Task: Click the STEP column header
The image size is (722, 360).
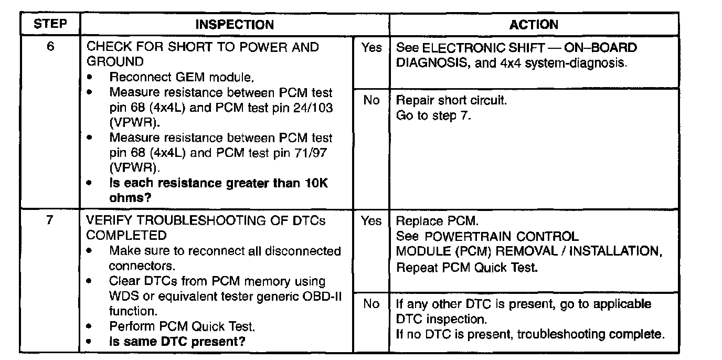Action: click(x=50, y=25)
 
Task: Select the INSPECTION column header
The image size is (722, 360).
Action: click(x=235, y=25)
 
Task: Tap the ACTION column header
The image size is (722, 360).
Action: click(x=534, y=25)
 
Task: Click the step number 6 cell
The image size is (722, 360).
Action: click(x=50, y=47)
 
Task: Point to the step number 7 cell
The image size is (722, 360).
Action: click(x=50, y=220)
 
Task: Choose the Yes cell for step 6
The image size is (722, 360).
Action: click(x=371, y=48)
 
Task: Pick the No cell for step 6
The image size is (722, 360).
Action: click(x=371, y=100)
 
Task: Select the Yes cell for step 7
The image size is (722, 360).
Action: click(x=371, y=221)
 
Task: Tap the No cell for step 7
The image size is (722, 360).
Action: click(x=371, y=304)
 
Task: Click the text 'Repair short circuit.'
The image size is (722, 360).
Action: click(x=451, y=100)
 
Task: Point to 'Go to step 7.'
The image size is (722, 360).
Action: click(x=433, y=115)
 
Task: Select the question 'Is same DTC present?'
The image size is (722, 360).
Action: click(x=178, y=342)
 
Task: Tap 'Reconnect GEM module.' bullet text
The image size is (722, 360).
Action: click(x=182, y=77)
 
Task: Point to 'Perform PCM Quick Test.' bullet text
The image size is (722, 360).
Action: click(x=182, y=326)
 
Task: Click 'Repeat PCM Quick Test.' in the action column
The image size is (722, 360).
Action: click(x=467, y=267)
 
